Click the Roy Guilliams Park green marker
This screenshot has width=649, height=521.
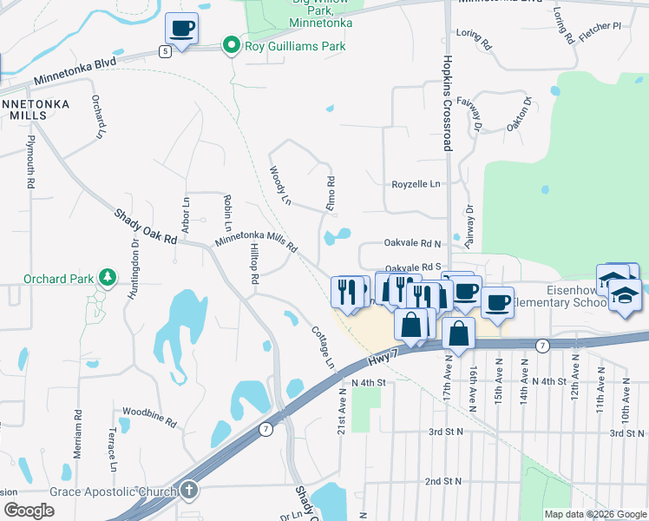click(231, 46)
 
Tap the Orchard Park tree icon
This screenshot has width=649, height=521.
click(107, 278)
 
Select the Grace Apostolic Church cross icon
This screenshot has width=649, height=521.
click(190, 491)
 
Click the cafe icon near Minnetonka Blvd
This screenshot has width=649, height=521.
click(182, 29)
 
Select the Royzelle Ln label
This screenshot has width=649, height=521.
click(416, 184)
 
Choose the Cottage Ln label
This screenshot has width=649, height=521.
click(323, 346)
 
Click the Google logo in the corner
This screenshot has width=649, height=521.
click(28, 511)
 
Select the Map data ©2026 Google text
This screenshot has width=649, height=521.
click(595, 514)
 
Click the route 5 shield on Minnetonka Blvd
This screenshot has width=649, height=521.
click(165, 51)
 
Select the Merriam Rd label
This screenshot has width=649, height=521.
click(77, 434)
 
